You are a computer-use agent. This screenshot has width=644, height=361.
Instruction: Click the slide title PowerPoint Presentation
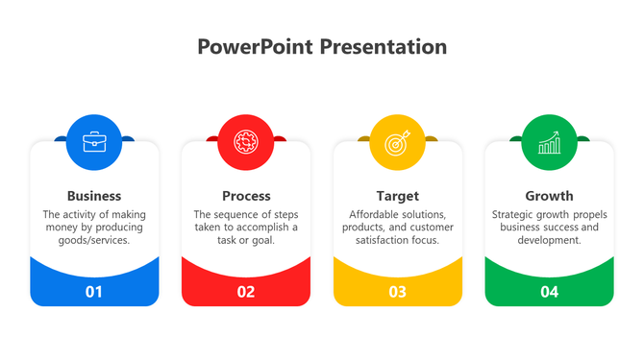coord(322,47)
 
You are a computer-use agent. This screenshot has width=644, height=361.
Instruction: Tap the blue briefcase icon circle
coord(94,142)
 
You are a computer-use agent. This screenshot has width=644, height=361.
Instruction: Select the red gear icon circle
coord(246,142)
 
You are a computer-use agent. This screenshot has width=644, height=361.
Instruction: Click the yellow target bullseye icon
coord(397,142)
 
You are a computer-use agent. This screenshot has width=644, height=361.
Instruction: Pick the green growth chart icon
coord(549,142)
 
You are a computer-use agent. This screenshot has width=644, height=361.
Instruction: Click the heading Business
coord(94,196)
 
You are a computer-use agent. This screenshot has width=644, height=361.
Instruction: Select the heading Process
coord(246,196)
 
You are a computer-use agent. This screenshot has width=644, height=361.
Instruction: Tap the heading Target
coord(397,196)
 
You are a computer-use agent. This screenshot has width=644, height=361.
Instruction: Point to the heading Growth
coord(549,196)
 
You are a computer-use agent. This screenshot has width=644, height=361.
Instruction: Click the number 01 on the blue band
coord(94,292)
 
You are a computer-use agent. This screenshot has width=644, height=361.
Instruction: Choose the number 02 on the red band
coord(246,292)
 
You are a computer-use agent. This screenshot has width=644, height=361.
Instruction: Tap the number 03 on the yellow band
coord(397,292)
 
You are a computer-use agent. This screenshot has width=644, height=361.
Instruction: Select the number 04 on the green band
coord(549,292)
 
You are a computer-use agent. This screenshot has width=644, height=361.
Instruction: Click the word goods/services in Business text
coord(94,241)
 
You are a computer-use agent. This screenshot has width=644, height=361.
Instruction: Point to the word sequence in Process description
coord(234,215)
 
